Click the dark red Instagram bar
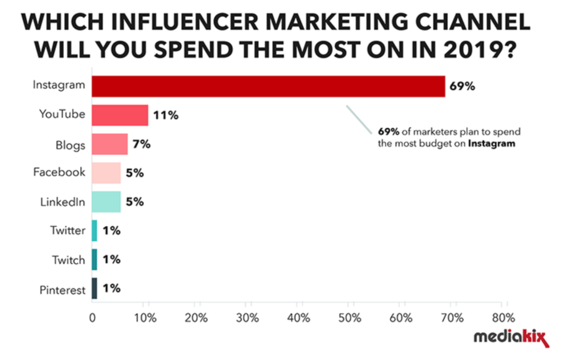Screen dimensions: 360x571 [268, 86]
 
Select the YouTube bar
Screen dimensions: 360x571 [120, 115]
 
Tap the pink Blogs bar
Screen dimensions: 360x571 [110, 144]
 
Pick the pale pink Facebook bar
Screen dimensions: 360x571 [106, 173]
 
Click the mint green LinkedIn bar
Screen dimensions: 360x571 [106, 202]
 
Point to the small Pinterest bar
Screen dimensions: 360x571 [95, 289]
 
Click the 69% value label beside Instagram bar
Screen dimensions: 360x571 [463, 86]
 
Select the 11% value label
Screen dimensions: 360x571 [166, 115]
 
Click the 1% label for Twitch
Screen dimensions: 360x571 [112, 260]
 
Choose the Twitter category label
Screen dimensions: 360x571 [68, 231]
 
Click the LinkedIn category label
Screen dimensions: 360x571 [62, 202]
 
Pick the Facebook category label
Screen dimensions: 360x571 [59, 172]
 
